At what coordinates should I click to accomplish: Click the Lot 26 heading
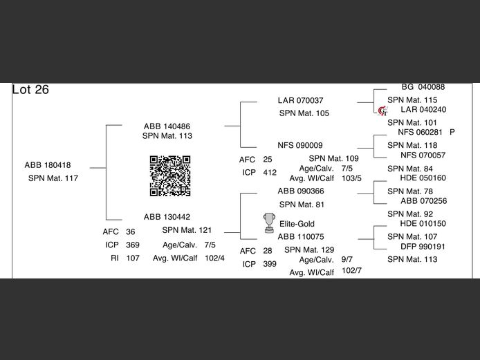31,90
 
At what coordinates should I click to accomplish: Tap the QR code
170,176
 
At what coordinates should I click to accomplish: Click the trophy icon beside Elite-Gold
269,222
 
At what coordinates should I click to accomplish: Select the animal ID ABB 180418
48,165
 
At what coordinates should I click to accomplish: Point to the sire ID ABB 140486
167,126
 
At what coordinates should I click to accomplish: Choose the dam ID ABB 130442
167,217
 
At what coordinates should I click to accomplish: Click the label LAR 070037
300,101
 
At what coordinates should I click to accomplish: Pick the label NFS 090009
300,146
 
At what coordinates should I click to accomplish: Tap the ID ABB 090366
300,191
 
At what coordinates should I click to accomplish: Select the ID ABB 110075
300,236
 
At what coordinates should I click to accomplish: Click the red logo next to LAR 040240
382,111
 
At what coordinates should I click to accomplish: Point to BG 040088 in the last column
423,88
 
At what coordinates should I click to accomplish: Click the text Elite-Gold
297,224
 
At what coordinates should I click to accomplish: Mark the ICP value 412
270,173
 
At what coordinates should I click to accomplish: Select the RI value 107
133,258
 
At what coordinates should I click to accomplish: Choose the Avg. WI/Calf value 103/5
351,178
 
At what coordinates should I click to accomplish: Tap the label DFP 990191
423,247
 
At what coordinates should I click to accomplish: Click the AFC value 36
131,232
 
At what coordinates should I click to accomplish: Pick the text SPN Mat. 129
309,250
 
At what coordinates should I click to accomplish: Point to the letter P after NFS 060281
452,132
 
